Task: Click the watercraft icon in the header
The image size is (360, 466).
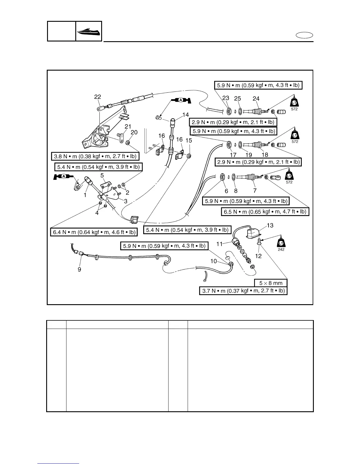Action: tap(89, 31)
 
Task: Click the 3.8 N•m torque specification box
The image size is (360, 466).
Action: tap(95, 156)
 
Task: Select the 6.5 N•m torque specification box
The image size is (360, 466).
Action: tap(265, 212)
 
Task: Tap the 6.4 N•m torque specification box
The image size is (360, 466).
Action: tap(94, 232)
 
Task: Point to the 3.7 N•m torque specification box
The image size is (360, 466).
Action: tap(243, 291)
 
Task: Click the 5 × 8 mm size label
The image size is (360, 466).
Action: tap(271, 283)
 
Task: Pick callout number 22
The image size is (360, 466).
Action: tap(98, 97)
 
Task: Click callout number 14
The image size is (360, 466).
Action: tap(186, 114)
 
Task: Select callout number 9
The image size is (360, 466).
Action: tap(79, 269)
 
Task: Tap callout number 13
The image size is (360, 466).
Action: tap(270, 225)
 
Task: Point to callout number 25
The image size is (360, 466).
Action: tap(237, 99)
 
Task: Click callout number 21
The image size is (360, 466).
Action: tap(128, 127)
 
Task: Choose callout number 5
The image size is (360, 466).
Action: tap(102, 175)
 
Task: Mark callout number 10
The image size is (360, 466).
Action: tap(213, 261)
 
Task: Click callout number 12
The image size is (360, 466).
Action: tap(258, 256)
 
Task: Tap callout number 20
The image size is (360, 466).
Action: tap(134, 132)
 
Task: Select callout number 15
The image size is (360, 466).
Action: tap(189, 141)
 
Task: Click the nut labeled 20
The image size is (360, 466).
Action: tap(128, 143)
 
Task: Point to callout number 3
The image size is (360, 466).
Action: tap(126, 201)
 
